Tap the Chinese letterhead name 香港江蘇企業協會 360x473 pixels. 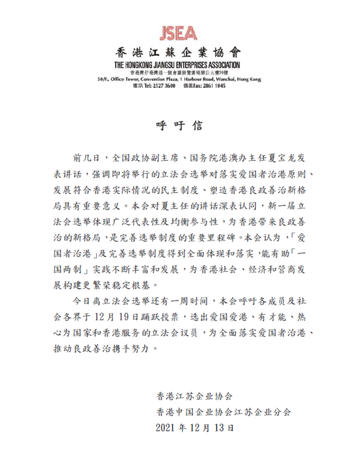[x=179, y=52]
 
